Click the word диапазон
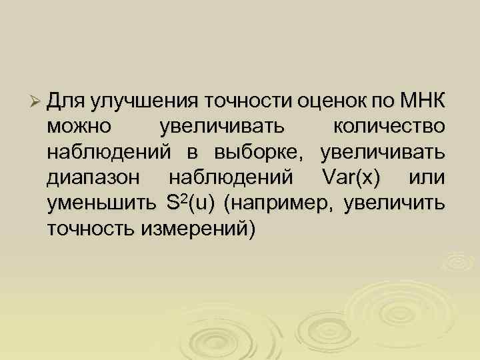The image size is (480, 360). [93, 177]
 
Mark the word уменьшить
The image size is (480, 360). [98, 203]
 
